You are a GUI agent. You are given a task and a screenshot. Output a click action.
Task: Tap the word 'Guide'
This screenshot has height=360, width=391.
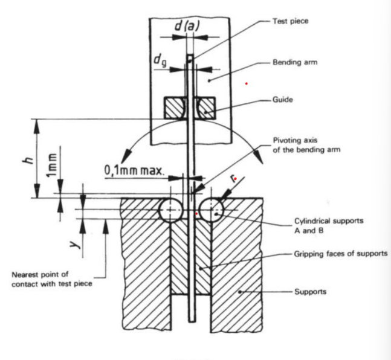coord(282,100)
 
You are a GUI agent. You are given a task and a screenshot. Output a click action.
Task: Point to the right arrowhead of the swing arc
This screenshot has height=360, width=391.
coord(259,158)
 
